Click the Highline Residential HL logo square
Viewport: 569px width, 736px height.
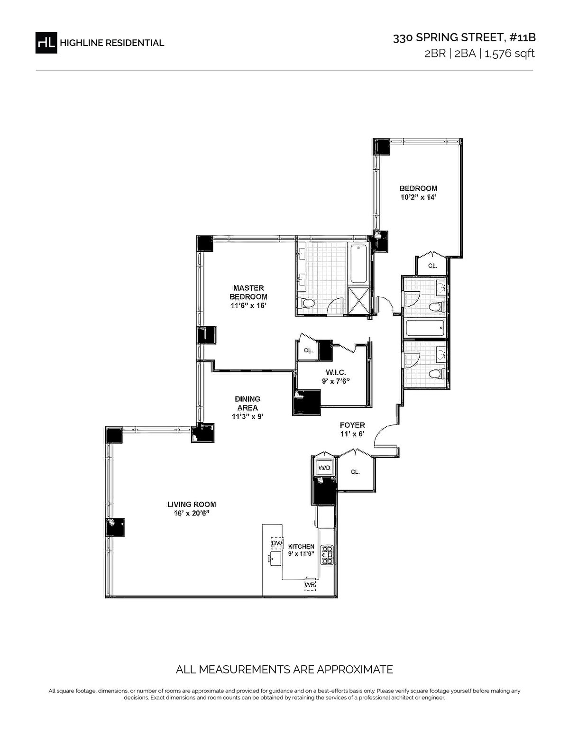46,43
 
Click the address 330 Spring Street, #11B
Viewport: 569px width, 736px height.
464,37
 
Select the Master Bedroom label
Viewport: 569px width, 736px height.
248,292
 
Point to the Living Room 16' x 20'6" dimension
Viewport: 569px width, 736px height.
192,513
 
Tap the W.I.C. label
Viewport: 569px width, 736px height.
336,373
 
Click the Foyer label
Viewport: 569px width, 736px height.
352,425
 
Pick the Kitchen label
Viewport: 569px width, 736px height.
301,546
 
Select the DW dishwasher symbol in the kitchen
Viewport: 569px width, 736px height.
277,543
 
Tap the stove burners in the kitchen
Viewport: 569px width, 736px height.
327,554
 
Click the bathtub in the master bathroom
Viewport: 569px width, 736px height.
358,264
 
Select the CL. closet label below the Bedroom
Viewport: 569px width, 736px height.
432,266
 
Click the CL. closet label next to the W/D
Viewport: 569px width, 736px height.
355,472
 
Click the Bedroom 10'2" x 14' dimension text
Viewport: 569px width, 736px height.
418,197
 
